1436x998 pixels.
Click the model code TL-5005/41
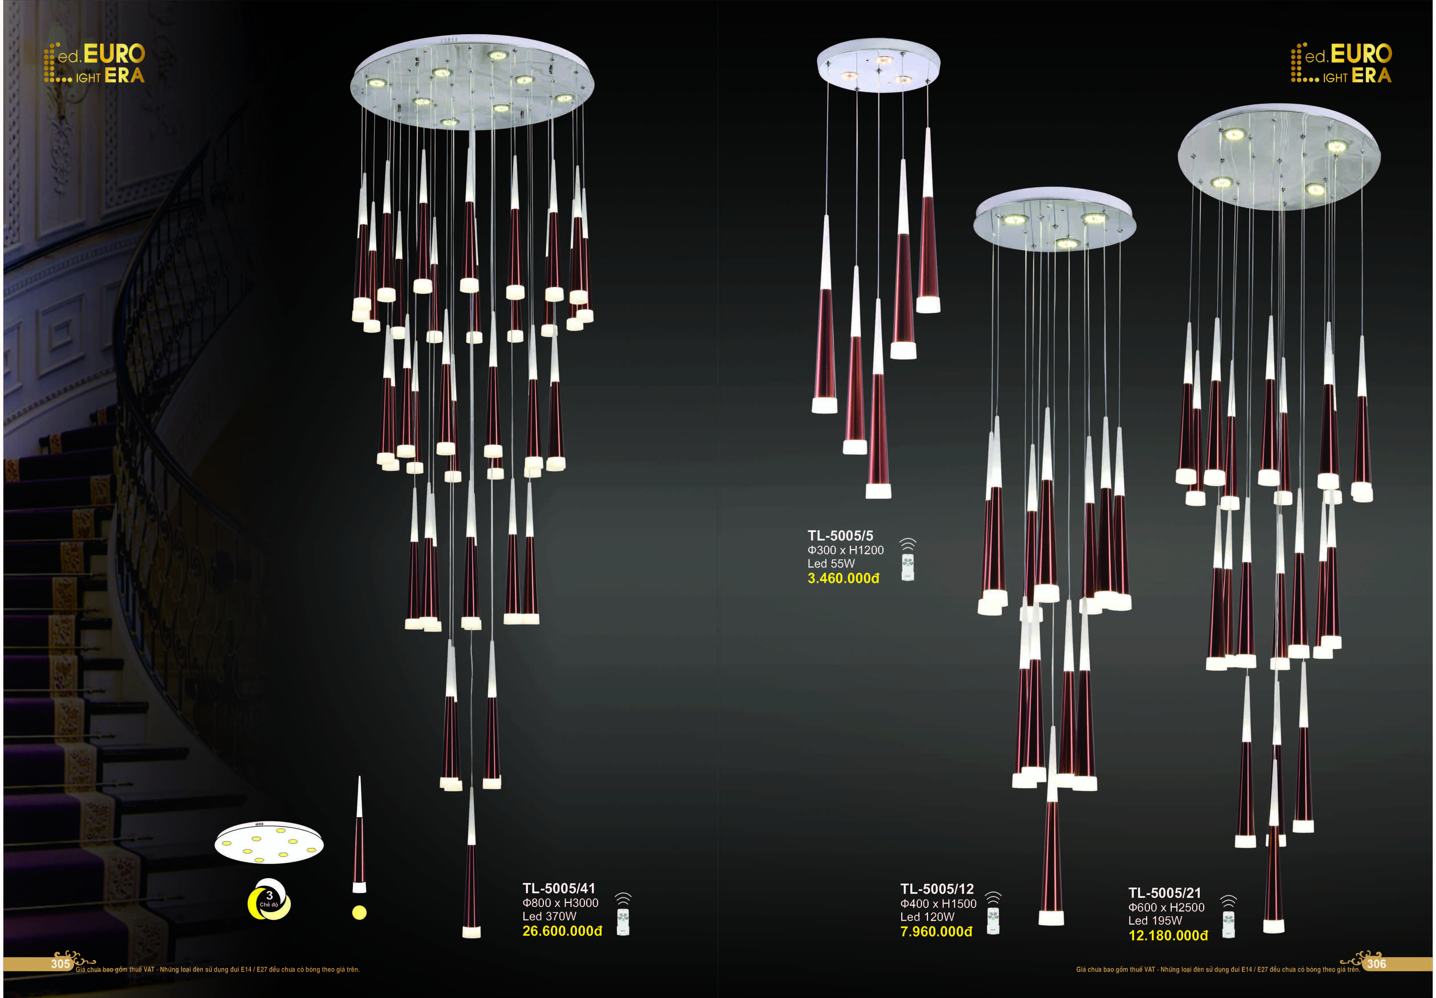[558, 888]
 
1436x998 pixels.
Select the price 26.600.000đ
[561, 931]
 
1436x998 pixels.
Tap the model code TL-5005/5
[840, 535]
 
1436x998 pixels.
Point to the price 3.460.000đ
[843, 578]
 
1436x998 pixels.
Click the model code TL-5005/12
[937, 889]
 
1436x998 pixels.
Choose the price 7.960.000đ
[936, 932]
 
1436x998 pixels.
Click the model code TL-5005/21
[1164, 893]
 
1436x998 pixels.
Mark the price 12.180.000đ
[1168, 936]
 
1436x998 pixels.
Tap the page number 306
[1376, 963]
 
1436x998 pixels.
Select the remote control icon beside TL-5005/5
[907, 560]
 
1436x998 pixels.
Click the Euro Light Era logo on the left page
[94, 63]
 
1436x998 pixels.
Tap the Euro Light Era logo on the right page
[1341, 63]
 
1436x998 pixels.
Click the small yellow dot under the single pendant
[359, 913]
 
